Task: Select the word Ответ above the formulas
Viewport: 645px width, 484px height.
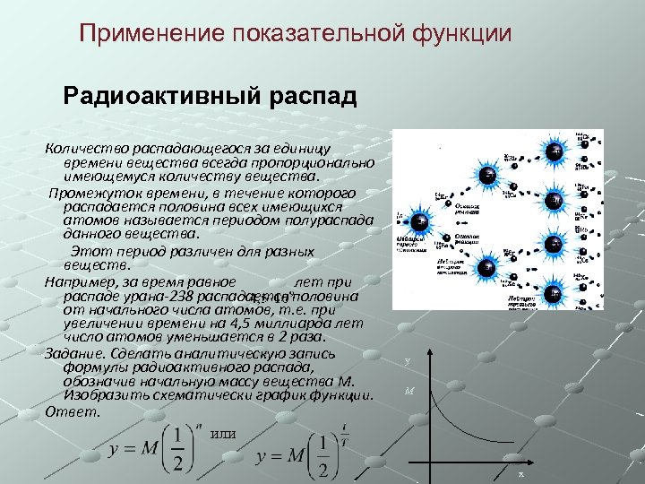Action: coord(68,411)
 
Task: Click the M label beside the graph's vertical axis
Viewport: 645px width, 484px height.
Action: coord(409,391)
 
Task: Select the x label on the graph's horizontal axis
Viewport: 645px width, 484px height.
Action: coord(520,472)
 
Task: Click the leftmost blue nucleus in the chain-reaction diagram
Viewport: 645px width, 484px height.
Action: coord(418,221)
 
